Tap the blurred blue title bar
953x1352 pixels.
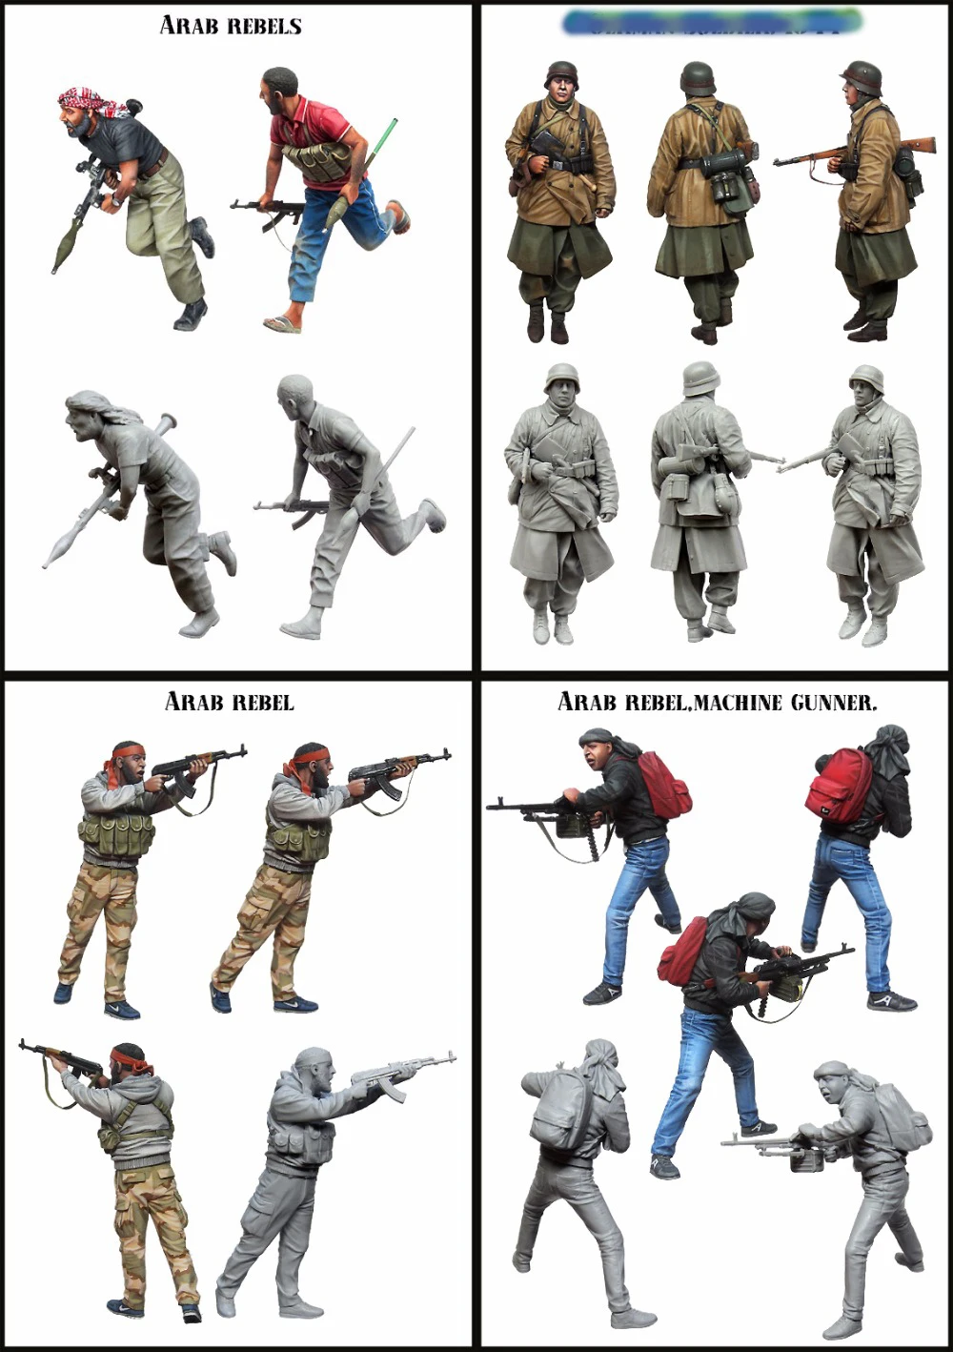[712, 21]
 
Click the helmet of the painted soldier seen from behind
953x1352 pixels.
[698, 76]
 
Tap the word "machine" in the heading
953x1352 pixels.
[740, 704]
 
